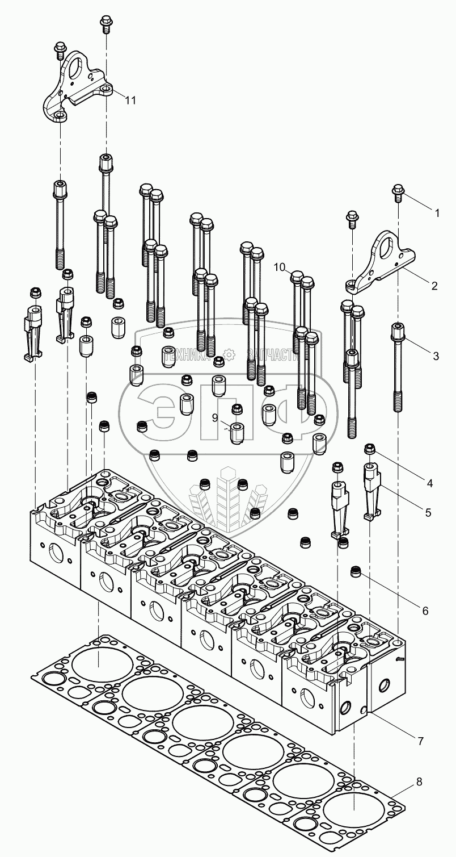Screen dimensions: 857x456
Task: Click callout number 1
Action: tap(437, 213)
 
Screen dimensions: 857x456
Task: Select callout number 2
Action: tap(434, 286)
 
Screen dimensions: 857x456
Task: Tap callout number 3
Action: tap(436, 356)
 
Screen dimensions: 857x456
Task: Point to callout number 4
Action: tap(429, 483)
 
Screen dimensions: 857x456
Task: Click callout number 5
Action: tap(427, 512)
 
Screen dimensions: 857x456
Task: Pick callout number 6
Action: tap(425, 611)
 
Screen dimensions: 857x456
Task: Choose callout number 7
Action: tap(420, 741)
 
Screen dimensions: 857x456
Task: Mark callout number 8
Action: tap(419, 781)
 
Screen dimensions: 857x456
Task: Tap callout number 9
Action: tap(215, 417)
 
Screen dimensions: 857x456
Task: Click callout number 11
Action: tap(130, 100)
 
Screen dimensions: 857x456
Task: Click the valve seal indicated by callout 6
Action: tap(357, 570)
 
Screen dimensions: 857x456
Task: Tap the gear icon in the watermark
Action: tap(230, 356)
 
